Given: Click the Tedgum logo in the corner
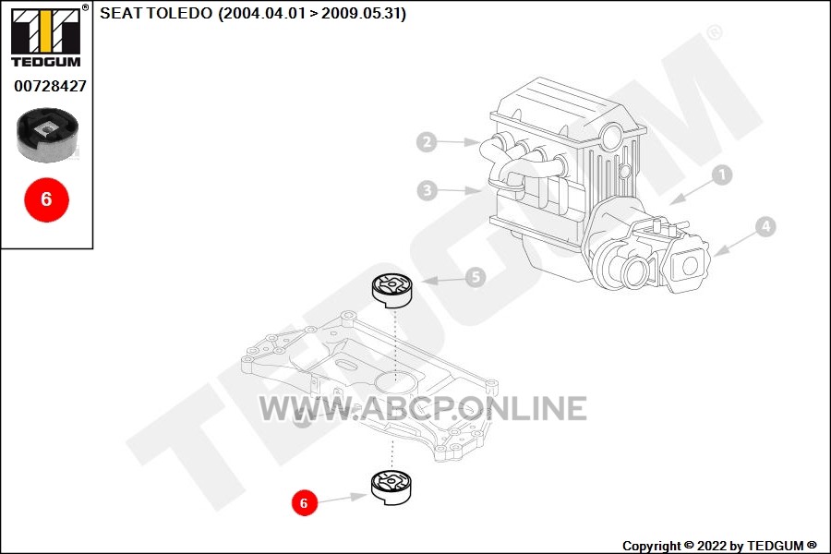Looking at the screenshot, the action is [x=46, y=36].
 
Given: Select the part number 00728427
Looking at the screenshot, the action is [x=50, y=86].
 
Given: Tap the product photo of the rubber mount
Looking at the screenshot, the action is [x=47, y=135].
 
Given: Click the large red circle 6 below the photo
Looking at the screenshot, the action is [x=47, y=199].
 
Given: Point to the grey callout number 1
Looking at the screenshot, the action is [x=721, y=175].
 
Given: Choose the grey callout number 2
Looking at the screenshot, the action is [x=427, y=141].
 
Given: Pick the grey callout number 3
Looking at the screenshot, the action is [x=428, y=190].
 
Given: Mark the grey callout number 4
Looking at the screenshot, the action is [x=765, y=227].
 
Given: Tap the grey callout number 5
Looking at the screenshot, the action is [x=476, y=277].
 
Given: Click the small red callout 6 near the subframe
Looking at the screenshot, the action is [x=304, y=502].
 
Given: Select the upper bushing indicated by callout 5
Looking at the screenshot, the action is [x=391, y=291].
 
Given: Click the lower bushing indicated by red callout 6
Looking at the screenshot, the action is [x=391, y=488].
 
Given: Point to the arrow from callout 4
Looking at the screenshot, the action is [x=735, y=245].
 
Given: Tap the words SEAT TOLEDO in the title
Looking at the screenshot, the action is [x=156, y=13].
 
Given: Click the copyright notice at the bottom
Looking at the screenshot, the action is [x=719, y=546].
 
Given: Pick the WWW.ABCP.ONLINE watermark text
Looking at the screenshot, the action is [x=422, y=408].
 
